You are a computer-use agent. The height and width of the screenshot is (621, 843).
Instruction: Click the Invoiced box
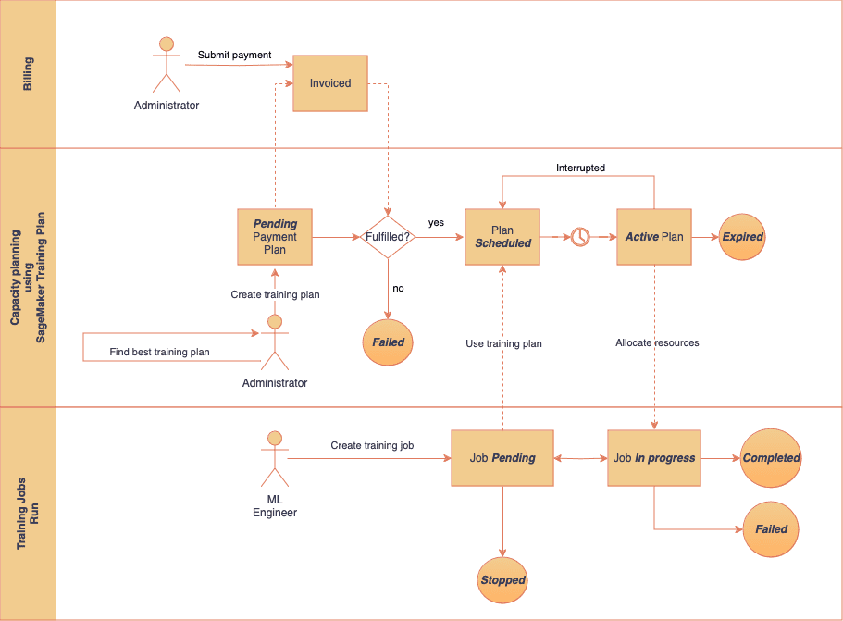click(330, 83)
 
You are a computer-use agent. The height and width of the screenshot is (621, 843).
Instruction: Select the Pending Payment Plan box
click(275, 237)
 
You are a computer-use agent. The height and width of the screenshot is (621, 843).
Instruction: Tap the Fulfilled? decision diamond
click(389, 237)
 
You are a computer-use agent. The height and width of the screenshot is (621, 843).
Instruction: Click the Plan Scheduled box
click(502, 237)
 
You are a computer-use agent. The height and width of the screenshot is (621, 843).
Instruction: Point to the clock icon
click(579, 237)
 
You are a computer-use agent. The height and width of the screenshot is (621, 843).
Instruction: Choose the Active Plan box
click(654, 237)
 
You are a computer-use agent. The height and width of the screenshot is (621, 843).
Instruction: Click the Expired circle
click(742, 237)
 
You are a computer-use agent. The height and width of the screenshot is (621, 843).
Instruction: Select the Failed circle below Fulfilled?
click(388, 342)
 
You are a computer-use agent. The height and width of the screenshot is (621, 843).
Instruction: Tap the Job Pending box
click(502, 458)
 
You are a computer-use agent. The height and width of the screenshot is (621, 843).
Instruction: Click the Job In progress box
click(654, 458)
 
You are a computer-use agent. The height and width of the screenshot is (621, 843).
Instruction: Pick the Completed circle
click(771, 458)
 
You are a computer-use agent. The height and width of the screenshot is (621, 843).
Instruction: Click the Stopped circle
click(502, 580)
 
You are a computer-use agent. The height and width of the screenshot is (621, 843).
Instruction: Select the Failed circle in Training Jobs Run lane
click(771, 529)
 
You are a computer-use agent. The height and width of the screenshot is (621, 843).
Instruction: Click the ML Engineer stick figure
click(274, 459)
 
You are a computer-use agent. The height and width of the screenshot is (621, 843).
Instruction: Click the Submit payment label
click(234, 55)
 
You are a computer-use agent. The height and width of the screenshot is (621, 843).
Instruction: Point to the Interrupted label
click(580, 168)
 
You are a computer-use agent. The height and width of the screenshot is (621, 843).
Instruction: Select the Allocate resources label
click(657, 342)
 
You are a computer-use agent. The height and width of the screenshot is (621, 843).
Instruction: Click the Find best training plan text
click(159, 352)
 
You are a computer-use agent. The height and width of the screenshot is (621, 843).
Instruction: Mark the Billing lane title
click(28, 74)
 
